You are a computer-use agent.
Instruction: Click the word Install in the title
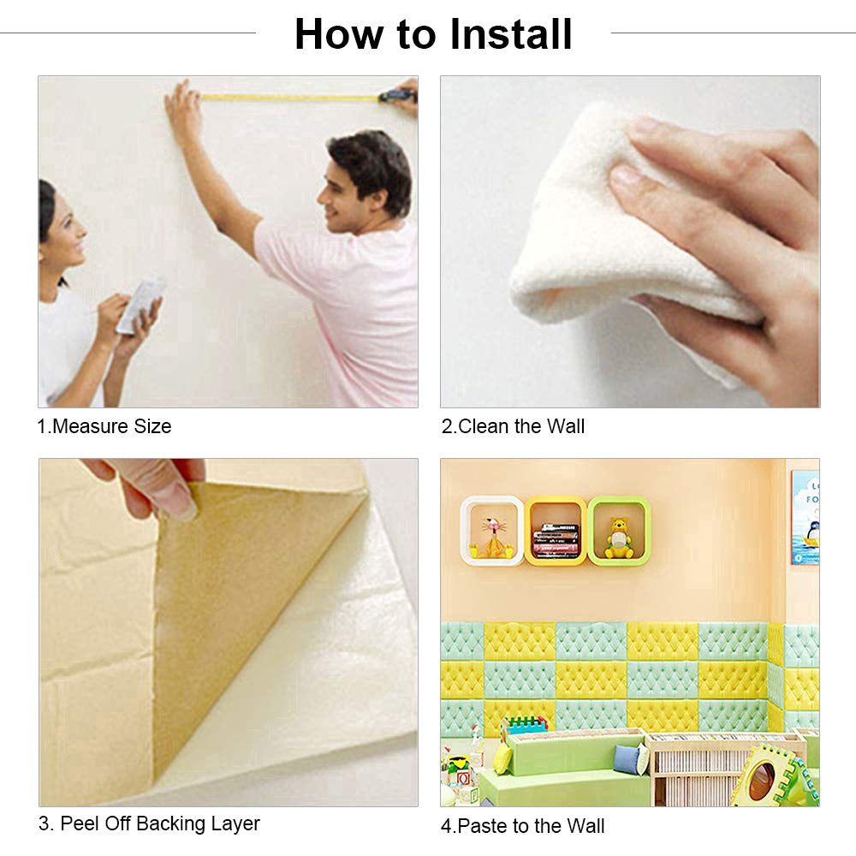[x=510, y=34]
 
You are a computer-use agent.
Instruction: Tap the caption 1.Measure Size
[x=104, y=425]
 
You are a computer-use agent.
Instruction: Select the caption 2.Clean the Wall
[x=513, y=425]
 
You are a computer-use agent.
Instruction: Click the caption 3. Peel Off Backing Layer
[x=149, y=823]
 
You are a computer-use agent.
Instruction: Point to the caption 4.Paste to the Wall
[x=522, y=826]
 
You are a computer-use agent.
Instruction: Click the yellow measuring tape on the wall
[x=290, y=98]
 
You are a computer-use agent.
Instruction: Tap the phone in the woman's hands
[x=140, y=306]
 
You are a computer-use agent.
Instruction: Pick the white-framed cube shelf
[x=492, y=531]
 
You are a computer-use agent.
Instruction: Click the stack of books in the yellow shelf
[x=556, y=540]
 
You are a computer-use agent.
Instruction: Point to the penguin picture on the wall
[x=805, y=517]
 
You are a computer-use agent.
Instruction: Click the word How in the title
[x=339, y=34]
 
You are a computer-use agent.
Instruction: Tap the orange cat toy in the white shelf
[x=493, y=538]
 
